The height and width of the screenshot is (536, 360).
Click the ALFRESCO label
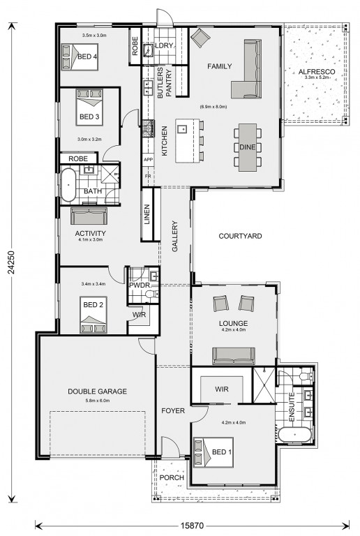tap(317, 72)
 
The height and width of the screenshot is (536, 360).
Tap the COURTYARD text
tap(240, 236)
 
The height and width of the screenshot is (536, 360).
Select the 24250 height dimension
tap(12, 262)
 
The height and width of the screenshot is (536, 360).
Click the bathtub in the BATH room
tap(68, 184)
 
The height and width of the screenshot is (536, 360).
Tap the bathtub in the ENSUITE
tap(294, 435)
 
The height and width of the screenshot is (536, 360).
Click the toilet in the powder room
tap(151, 294)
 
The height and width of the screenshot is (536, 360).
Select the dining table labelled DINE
tap(248, 147)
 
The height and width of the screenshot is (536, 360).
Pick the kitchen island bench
tap(187, 140)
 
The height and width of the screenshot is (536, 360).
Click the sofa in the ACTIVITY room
tap(89, 216)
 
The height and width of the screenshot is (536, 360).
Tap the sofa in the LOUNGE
tap(234, 356)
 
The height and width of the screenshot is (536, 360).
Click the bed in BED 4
tap(80, 57)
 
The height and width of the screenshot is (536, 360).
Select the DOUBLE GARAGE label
tap(98, 392)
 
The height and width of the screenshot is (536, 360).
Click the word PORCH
tap(172, 477)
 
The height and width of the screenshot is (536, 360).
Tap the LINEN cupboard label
tap(147, 214)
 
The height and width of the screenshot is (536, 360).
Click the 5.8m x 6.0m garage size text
tap(98, 401)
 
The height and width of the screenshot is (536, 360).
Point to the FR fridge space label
tap(148, 176)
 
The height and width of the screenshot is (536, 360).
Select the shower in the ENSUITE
tap(264, 385)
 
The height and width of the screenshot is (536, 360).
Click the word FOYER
tap(173, 410)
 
